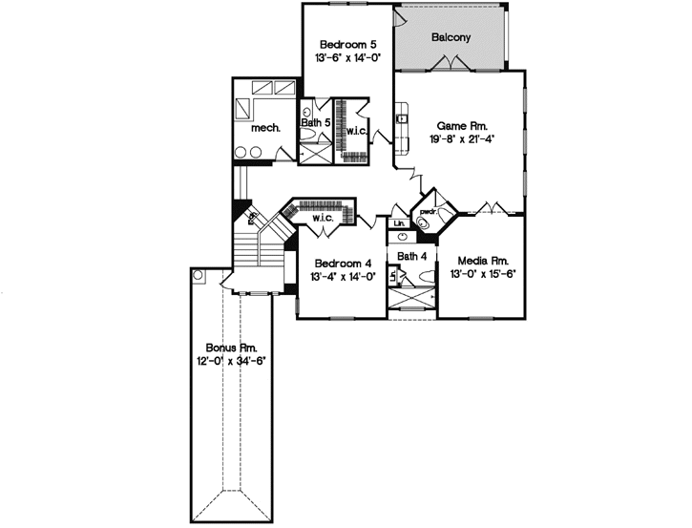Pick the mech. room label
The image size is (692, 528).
(x=264, y=128)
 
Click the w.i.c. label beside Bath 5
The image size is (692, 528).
(x=356, y=130)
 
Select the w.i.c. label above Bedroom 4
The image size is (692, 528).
(x=322, y=219)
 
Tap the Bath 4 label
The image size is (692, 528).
(x=412, y=256)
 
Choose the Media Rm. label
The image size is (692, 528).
(x=481, y=261)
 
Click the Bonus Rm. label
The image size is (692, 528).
(x=232, y=348)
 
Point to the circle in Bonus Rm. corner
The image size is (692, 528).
(x=199, y=275)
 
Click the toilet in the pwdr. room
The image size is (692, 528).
(x=423, y=223)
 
